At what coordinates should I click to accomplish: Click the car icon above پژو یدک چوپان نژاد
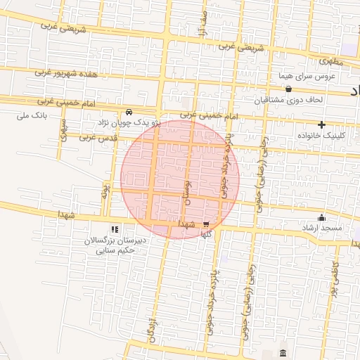click(x=129, y=112)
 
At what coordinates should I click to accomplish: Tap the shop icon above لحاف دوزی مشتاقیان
click(x=289, y=89)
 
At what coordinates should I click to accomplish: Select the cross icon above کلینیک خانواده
click(x=322, y=124)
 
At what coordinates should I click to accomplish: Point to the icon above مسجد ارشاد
click(x=323, y=217)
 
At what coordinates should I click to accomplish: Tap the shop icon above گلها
click(x=206, y=225)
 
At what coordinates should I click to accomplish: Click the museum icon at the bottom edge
click(x=283, y=352)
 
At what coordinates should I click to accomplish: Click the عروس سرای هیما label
click(x=309, y=75)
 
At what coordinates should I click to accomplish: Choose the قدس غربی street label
click(x=96, y=137)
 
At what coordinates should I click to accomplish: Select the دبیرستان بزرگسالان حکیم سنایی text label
click(x=120, y=244)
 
